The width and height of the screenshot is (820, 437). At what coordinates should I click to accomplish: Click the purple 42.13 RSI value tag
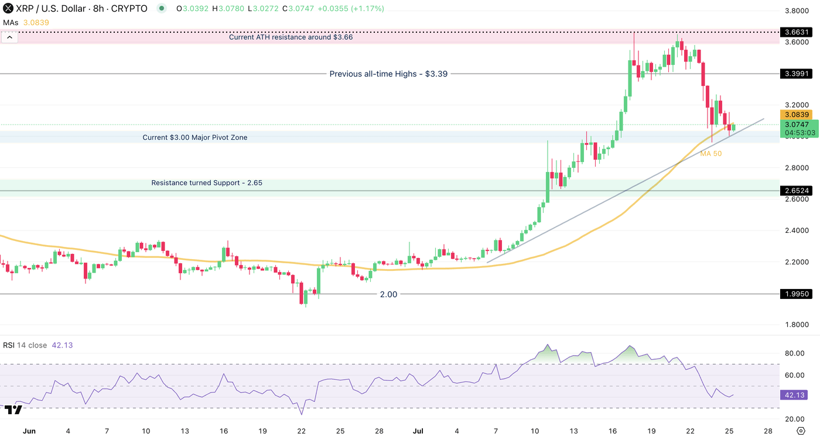pyautogui.click(x=795, y=395)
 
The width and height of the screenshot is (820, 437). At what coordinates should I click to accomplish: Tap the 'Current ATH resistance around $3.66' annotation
pyautogui.click(x=291, y=37)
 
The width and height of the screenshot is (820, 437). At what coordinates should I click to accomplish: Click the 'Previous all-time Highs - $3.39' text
pyautogui.click(x=388, y=74)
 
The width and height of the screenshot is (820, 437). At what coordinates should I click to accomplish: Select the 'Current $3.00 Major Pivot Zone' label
pyautogui.click(x=195, y=137)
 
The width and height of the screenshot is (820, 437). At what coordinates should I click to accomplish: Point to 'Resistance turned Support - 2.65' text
pyautogui.click(x=207, y=183)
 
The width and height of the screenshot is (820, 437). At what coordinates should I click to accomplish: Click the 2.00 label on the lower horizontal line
pyautogui.click(x=388, y=294)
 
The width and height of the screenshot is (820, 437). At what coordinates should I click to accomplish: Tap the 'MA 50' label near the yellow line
pyautogui.click(x=710, y=153)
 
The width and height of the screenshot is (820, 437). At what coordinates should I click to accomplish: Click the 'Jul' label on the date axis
pyautogui.click(x=418, y=431)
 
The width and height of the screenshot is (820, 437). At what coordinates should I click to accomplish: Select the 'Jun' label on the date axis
pyautogui.click(x=29, y=431)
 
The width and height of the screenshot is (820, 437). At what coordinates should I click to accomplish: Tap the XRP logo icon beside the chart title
pyautogui.click(x=8, y=9)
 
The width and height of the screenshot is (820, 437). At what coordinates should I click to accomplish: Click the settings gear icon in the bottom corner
pyautogui.click(x=810, y=431)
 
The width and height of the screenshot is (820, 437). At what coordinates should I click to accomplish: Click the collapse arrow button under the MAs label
pyautogui.click(x=10, y=37)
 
